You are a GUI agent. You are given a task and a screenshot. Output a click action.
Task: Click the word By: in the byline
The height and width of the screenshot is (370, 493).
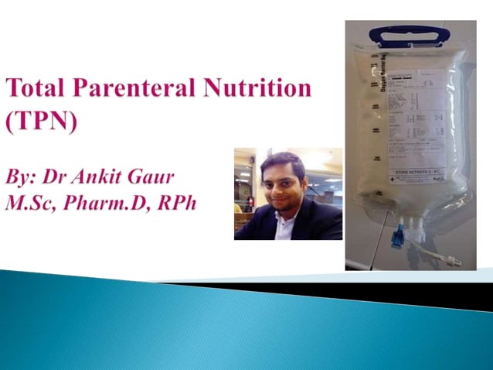24,176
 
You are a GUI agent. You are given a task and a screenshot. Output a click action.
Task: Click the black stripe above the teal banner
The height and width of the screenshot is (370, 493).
348,290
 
